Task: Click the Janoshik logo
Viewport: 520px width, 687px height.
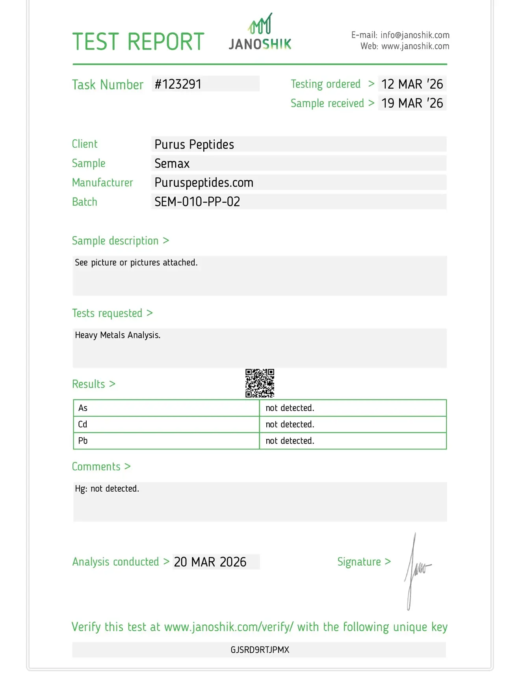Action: pos(260,33)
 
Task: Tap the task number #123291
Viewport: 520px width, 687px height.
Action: pos(178,84)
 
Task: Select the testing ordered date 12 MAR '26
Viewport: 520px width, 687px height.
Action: pos(412,84)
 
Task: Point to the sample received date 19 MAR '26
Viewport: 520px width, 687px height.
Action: pos(412,103)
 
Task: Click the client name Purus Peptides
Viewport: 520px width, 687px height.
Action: pos(194,145)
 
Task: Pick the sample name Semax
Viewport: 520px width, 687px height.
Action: pos(172,163)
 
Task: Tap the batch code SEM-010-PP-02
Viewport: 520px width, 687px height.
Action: pos(197,202)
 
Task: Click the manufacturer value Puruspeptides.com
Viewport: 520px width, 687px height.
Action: pos(204,182)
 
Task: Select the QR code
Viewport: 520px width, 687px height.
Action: pos(260,383)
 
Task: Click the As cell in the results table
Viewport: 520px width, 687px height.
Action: pos(83,408)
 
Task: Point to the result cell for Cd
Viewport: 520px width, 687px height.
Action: pos(290,424)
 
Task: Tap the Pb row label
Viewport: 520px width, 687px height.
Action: pos(83,441)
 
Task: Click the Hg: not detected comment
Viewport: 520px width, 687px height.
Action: pos(107,489)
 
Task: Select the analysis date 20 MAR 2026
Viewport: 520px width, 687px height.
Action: pos(210,562)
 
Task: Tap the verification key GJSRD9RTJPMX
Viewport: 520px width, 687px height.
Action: pos(260,650)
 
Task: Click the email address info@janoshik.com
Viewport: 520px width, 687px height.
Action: pos(415,35)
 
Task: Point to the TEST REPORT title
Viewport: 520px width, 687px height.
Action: pos(138,42)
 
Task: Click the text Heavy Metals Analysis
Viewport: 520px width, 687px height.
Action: pos(118,335)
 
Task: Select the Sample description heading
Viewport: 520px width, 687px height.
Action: pos(115,241)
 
